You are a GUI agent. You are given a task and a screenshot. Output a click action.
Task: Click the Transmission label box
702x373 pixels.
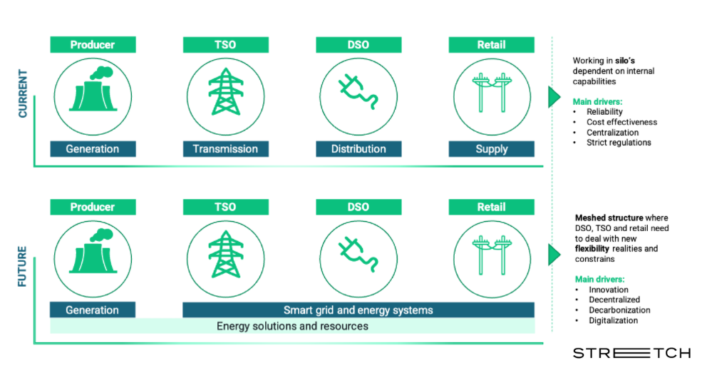click(x=226, y=149)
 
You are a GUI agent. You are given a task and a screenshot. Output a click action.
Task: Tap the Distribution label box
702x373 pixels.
click(x=358, y=149)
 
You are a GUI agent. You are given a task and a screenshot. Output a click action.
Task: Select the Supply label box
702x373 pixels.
click(x=492, y=149)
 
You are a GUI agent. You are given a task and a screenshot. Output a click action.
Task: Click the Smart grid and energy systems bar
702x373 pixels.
click(x=358, y=310)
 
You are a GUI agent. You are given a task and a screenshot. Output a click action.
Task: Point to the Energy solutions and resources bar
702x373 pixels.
click(x=292, y=326)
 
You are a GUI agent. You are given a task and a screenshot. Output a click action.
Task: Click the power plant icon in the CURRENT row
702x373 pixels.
click(x=93, y=89)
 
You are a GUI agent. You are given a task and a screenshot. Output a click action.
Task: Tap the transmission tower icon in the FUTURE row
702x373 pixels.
click(x=226, y=254)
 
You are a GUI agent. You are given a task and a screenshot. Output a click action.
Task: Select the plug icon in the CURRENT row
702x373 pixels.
click(x=358, y=92)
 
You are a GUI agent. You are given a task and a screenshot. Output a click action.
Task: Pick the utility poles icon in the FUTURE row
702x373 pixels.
click(x=492, y=255)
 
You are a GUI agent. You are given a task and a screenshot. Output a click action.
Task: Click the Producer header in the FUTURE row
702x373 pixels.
click(x=93, y=207)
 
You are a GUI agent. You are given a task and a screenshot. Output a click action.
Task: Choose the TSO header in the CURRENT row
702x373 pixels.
click(x=226, y=45)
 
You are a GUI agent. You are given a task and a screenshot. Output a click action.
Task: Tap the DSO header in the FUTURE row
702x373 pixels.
click(x=358, y=207)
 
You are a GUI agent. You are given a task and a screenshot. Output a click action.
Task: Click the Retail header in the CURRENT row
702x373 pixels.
click(x=492, y=45)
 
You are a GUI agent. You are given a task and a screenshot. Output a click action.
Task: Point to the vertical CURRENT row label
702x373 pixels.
click(x=22, y=93)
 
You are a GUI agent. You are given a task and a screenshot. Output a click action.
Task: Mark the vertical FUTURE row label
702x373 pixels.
click(x=22, y=267)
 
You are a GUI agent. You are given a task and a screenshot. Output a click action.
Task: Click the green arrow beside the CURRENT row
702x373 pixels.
click(x=554, y=97)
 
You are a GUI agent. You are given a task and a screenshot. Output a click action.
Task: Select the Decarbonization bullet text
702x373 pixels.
click(x=619, y=310)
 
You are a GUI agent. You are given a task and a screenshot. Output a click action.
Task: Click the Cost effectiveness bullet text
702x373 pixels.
click(x=622, y=122)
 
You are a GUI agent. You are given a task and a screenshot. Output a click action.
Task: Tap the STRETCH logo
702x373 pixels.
click(x=631, y=353)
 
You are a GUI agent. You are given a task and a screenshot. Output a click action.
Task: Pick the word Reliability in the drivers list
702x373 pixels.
click(x=604, y=111)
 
